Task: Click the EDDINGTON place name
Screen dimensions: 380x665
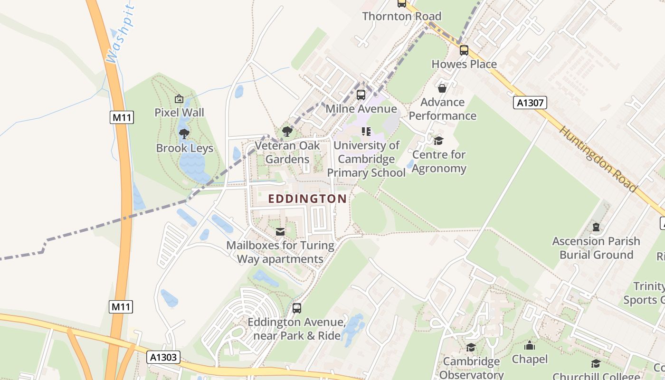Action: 307,199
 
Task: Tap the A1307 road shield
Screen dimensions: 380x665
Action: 530,103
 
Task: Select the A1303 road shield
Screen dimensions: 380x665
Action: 163,357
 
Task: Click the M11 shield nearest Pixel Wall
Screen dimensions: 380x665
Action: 122,117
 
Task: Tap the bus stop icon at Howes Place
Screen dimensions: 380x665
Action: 464,50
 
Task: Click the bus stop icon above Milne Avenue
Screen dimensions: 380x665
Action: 361,95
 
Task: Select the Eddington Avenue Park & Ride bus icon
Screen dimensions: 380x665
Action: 297,308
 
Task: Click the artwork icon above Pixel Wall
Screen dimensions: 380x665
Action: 179,99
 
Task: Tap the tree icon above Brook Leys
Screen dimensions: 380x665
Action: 184,134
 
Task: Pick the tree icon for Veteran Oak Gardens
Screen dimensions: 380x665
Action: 287,132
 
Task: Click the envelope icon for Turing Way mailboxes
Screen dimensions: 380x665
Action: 280,231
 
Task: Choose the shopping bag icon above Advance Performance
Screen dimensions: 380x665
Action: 442,88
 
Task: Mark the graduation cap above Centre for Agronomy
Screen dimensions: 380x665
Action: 438,141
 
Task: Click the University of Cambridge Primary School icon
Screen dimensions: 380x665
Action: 366,131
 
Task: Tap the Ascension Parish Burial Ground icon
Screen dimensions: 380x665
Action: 596,227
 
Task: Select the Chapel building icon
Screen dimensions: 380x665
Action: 530,345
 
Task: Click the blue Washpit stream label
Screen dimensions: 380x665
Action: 121,36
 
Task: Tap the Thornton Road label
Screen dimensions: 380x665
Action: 401,16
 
